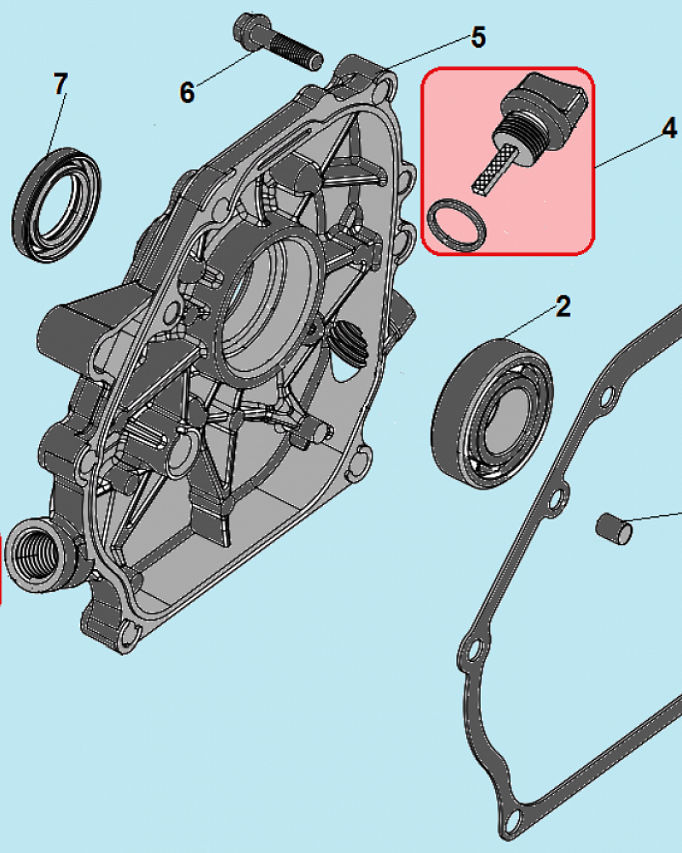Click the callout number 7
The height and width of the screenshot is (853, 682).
coord(60,84)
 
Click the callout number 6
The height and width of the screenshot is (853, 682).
coord(188,92)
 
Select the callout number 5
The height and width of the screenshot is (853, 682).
coord(477,38)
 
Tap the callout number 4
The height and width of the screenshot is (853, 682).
coord(669,128)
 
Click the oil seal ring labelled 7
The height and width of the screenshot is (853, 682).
coord(56,203)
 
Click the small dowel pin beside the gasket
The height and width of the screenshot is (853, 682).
coord(614,527)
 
